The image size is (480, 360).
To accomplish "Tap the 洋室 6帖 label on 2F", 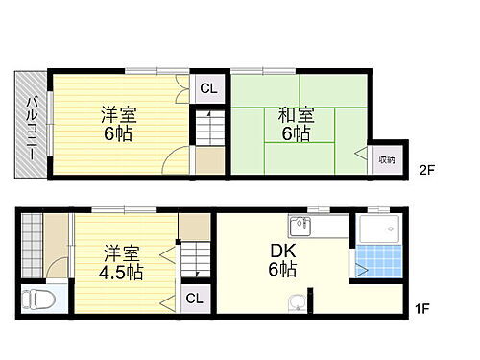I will (x=119, y=124).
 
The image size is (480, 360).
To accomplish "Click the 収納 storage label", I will (x=386, y=159).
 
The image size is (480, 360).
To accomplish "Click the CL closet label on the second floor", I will (x=208, y=87).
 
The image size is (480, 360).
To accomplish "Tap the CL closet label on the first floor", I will (x=194, y=298).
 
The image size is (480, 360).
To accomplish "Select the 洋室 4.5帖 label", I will (x=120, y=262).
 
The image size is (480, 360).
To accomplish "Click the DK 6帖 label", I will (x=282, y=259).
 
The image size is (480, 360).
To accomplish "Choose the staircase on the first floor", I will (x=195, y=259).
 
